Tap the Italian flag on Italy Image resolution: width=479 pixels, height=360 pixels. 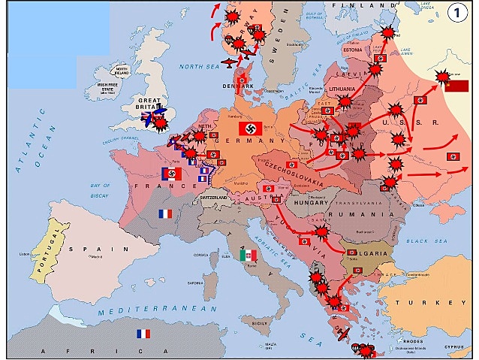tap(248, 256)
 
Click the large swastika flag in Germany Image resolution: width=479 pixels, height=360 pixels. tap(250, 129)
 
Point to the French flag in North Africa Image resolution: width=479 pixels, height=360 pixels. tap(143, 334)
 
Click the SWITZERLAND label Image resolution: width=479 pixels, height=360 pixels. tap(213, 197)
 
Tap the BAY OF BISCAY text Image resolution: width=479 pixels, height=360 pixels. tap(106, 190)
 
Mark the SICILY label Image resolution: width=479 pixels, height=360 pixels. tap(260, 322)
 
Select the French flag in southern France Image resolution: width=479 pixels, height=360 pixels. tap(165, 213)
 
